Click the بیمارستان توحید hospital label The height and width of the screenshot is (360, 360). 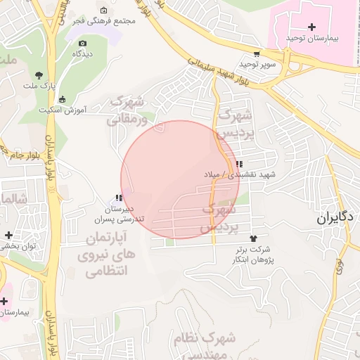[x=313, y=37]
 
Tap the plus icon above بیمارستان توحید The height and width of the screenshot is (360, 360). [x=312, y=26]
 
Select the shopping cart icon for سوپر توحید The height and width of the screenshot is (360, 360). [x=257, y=53]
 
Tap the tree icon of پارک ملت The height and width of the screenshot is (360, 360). [x=39, y=75]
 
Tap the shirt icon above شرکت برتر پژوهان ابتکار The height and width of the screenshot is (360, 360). [x=253, y=239]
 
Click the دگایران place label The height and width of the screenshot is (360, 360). [x=334, y=218]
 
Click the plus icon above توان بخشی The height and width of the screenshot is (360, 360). [x=8, y=235]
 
